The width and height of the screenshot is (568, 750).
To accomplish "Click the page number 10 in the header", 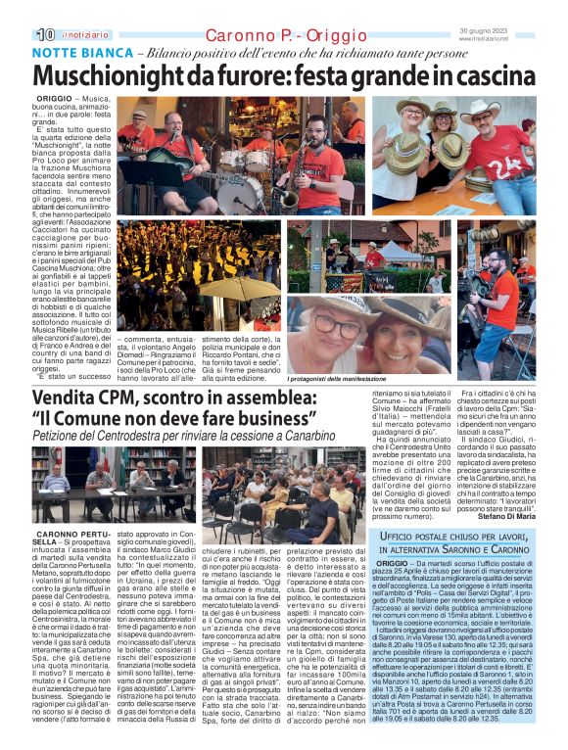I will (x=44, y=34).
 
